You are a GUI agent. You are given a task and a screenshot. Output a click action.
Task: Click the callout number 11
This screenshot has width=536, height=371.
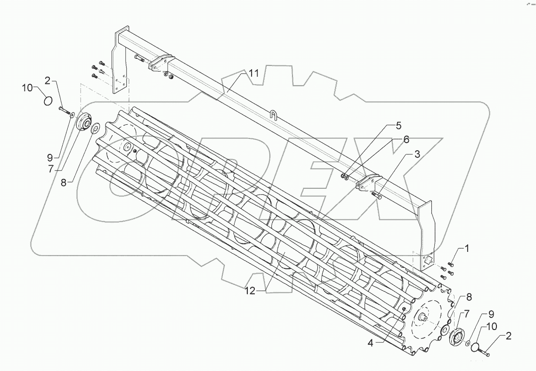pos(254,73)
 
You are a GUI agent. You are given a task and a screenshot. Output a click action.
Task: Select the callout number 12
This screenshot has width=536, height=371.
pos(250,291)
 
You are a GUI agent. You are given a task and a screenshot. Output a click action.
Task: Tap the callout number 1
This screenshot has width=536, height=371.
pos(467,248)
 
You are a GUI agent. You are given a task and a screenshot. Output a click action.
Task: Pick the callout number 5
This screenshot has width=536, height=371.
pos(405,139)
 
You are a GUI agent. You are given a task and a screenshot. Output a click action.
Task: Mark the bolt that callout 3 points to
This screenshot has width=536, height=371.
pos(376,194)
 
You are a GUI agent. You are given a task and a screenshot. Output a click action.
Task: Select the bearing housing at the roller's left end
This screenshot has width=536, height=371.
pos(84,122)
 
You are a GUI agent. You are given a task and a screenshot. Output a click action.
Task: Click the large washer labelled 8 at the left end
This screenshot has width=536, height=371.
pos(96,127)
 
